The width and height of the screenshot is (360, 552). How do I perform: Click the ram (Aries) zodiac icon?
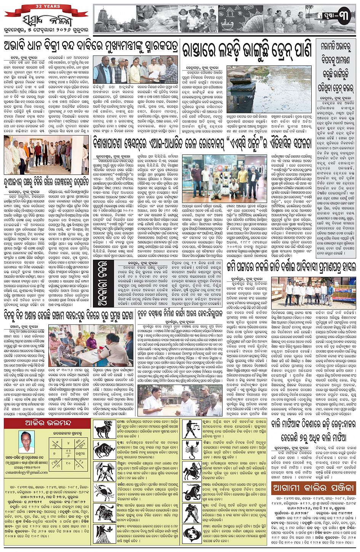(x=104, y=429)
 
